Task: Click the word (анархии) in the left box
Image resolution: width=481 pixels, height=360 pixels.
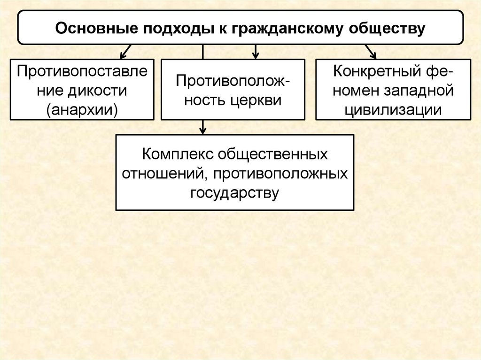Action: click(x=82, y=109)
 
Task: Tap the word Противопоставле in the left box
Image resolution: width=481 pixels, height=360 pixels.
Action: click(x=82, y=71)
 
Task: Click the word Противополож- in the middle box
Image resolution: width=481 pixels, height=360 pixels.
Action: click(x=233, y=81)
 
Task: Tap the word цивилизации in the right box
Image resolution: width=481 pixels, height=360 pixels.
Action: click(x=393, y=109)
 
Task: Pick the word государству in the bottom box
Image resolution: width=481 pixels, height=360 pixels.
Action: click(x=234, y=192)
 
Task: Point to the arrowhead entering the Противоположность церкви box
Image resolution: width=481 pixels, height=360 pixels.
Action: click(x=255, y=54)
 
